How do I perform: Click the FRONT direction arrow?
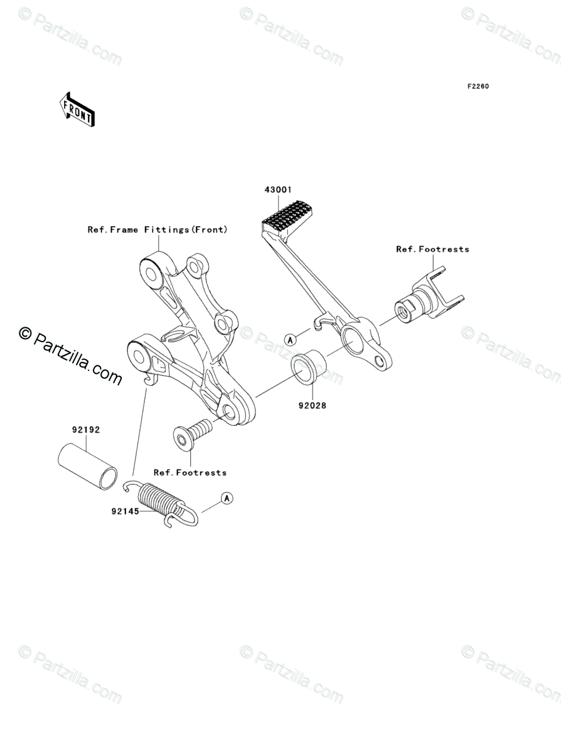(x=77, y=109)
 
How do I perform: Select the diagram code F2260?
(x=477, y=86)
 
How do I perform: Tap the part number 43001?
(x=278, y=189)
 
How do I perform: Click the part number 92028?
(x=312, y=405)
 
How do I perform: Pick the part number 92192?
(x=85, y=430)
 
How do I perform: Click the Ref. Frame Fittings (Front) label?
(x=157, y=230)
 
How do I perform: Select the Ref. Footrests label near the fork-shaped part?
(x=432, y=249)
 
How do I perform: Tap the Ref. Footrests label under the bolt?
(x=190, y=472)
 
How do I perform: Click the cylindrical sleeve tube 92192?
(x=88, y=465)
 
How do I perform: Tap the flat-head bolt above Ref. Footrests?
(x=191, y=435)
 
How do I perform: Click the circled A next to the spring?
(x=227, y=498)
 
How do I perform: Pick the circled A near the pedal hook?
(x=290, y=339)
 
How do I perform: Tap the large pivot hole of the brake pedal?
(x=353, y=340)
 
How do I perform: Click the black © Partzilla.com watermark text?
(x=70, y=356)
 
